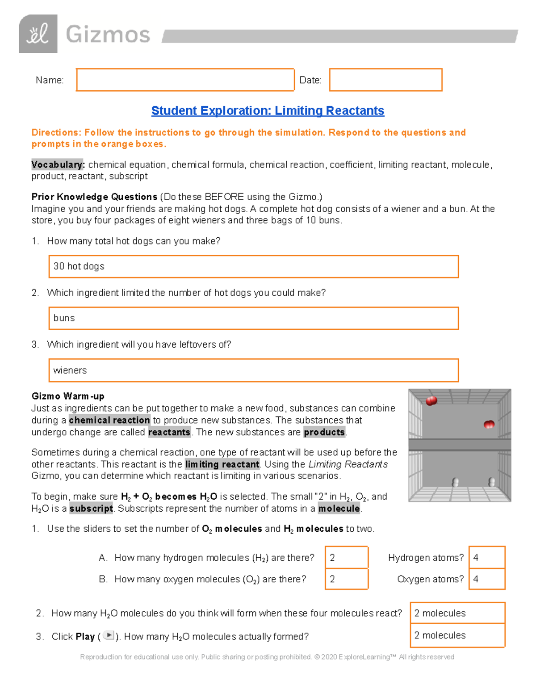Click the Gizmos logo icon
pyautogui.click(x=38, y=34)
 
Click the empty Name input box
pyautogui.click(x=185, y=80)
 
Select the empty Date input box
pyautogui.click(x=385, y=80)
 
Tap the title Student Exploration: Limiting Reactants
pyautogui.click(x=268, y=111)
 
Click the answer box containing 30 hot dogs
pyautogui.click(x=253, y=266)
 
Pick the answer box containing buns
pyautogui.click(x=253, y=318)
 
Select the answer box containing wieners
pyautogui.click(x=253, y=370)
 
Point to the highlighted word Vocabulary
pyautogui.click(x=57, y=164)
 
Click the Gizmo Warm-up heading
pyautogui.click(x=68, y=396)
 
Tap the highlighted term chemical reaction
pyautogui.click(x=109, y=420)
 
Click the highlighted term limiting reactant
pyautogui.click(x=222, y=464)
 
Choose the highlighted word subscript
pyautogui.click(x=91, y=509)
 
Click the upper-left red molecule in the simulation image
pyautogui.click(x=431, y=401)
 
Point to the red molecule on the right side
pyautogui.click(x=489, y=425)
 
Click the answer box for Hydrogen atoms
pyautogui.click(x=487, y=557)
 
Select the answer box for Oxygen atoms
pyautogui.click(x=487, y=579)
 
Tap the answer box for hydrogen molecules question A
pyautogui.click(x=347, y=557)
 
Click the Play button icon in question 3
pyautogui.click(x=108, y=635)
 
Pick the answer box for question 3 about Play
pyautogui.click(x=457, y=635)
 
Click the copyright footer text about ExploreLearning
pyautogui.click(x=267, y=657)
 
